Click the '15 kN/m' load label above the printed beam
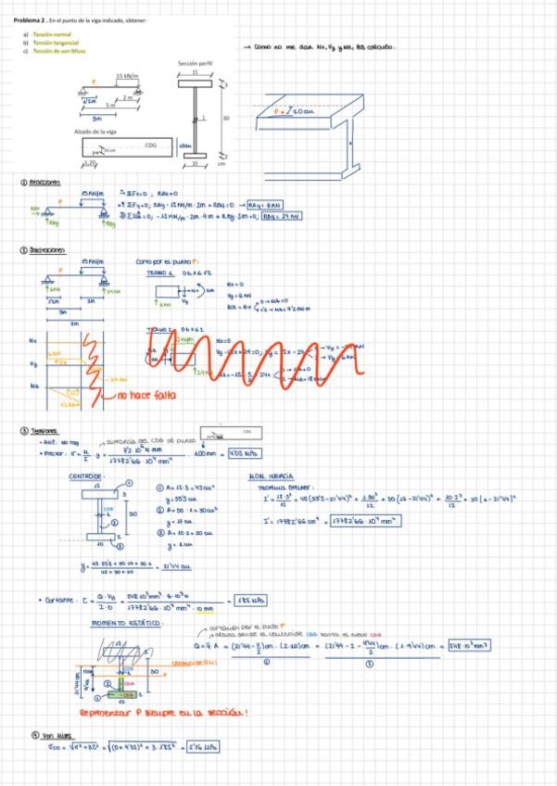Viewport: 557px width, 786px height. click(x=127, y=76)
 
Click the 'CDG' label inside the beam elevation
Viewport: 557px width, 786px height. click(x=151, y=146)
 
